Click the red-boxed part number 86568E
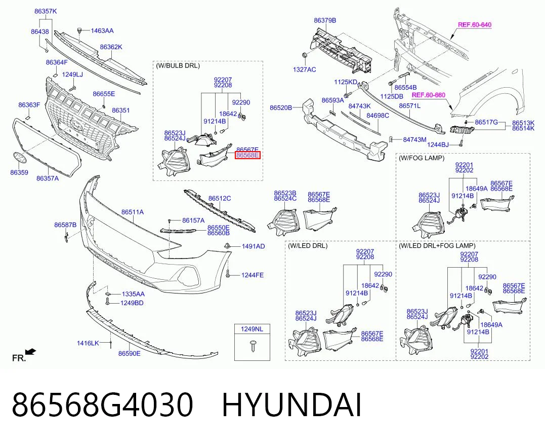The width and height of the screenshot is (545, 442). pyautogui.click(x=247, y=155)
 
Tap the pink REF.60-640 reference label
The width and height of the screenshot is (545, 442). pyautogui.click(x=475, y=25)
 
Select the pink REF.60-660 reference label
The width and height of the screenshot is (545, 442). pyautogui.click(x=428, y=95)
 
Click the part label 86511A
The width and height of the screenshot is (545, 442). pyautogui.click(x=133, y=212)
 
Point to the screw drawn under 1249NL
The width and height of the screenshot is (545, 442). pyautogui.click(x=253, y=346)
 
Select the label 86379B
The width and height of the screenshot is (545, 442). pyautogui.click(x=325, y=21)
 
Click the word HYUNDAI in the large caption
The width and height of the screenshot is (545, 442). pyautogui.click(x=292, y=405)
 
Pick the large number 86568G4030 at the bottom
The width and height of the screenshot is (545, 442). pyautogui.click(x=102, y=405)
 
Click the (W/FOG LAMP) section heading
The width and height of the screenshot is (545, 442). pyautogui.click(x=421, y=158)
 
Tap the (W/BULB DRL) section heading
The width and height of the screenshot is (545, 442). pyautogui.click(x=178, y=65)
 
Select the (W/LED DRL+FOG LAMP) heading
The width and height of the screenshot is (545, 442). pyautogui.click(x=437, y=246)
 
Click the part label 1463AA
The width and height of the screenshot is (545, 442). pyautogui.click(x=102, y=30)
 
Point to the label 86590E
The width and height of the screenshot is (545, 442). pyautogui.click(x=130, y=354)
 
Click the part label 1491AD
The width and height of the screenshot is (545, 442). pyautogui.click(x=254, y=246)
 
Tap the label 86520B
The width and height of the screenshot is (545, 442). pyautogui.click(x=281, y=108)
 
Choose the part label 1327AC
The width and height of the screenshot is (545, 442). pyautogui.click(x=305, y=69)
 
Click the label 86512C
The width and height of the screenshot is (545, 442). pyautogui.click(x=220, y=198)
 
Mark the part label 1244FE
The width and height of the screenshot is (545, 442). pyautogui.click(x=253, y=275)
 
